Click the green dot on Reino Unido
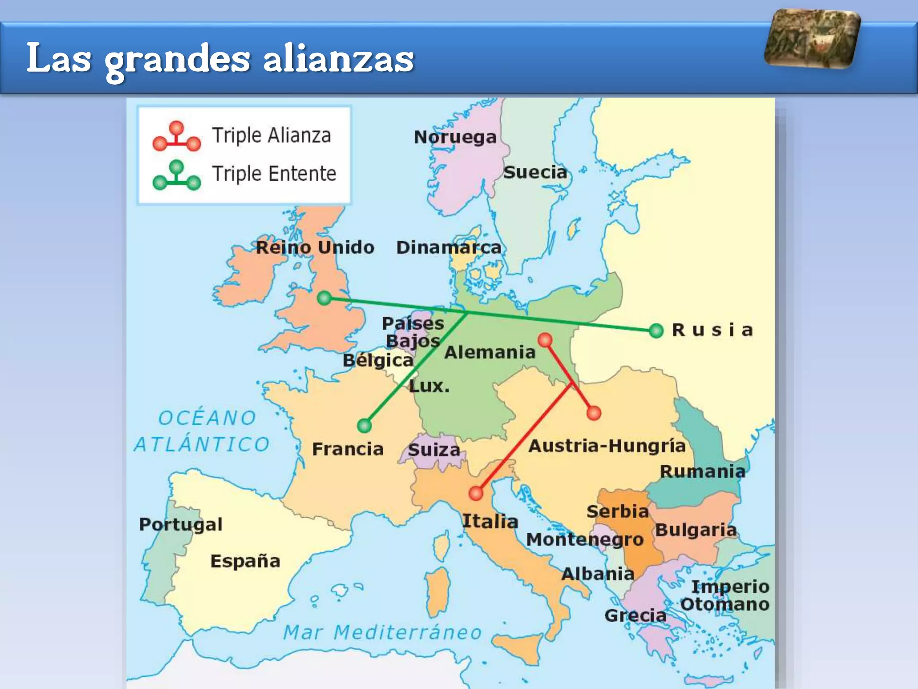[x=324, y=298]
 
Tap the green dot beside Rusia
[x=656, y=331]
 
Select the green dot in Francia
[x=364, y=425]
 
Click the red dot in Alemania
[x=545, y=340]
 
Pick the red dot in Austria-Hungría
[x=594, y=413]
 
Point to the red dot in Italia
[x=476, y=493]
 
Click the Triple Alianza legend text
[x=271, y=135]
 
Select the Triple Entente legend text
[x=274, y=174]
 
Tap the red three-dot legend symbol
[x=177, y=136]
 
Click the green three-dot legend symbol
[x=177, y=175]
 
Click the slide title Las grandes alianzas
[x=220, y=58]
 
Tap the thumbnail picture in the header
[x=812, y=39]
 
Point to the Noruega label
[x=455, y=137]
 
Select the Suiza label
[x=434, y=450]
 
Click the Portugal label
[x=181, y=524]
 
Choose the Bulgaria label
[x=696, y=530]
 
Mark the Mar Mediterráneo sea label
[x=382, y=632]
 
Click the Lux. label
[x=429, y=386]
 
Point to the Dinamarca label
[x=449, y=248]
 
